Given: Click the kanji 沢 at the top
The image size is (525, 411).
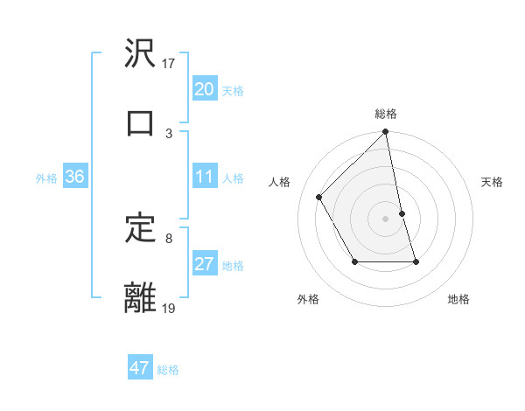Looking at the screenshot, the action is [x=141, y=54].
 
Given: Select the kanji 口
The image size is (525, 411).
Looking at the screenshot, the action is [x=141, y=122].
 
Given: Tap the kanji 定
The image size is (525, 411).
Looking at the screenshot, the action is [x=141, y=228].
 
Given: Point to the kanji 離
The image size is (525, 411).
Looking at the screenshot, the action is [x=141, y=297].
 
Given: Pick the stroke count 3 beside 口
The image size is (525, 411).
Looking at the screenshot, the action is [x=169, y=133].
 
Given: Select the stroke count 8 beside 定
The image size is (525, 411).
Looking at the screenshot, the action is [x=169, y=238].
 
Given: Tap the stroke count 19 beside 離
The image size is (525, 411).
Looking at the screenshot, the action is [x=168, y=308].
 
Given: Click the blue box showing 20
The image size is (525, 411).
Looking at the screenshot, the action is [x=205, y=89].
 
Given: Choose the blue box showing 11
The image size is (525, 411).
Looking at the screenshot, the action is [x=205, y=177].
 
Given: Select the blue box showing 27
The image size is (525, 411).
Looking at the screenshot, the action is [x=205, y=264].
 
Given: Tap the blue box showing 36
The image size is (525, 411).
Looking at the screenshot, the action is [x=75, y=177].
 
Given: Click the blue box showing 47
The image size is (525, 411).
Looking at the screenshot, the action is [x=140, y=368].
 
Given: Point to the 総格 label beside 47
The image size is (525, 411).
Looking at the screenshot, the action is [x=168, y=370].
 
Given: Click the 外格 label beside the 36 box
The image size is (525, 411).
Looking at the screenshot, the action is [x=46, y=178].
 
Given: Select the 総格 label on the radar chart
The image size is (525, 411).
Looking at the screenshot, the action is [x=386, y=114].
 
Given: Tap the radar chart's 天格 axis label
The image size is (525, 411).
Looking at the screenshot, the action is [x=493, y=182].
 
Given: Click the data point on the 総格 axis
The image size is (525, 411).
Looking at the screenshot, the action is [x=386, y=133].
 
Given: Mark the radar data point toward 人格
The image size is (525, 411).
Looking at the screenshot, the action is [x=319, y=197].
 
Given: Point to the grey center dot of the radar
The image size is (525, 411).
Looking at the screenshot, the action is [x=386, y=218].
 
